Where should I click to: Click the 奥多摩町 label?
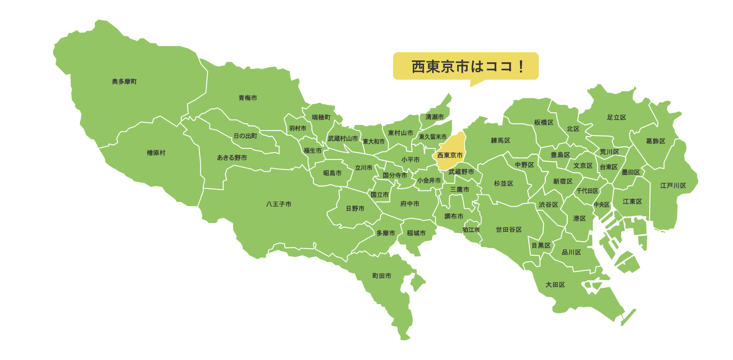124,82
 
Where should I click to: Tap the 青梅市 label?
247,98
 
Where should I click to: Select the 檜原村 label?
156,153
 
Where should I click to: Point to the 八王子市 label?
279,204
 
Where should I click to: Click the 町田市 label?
382,276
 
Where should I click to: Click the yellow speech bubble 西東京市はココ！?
465,66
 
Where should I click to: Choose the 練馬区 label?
500,141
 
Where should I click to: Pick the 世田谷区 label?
509,229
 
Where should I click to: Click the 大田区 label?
555,285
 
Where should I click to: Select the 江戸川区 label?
673,185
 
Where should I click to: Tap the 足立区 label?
616,118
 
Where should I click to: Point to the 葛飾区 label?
655,141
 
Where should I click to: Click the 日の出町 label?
245,136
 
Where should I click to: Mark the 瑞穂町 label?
321,118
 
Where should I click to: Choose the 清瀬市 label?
434,117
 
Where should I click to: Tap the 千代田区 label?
587,191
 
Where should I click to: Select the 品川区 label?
571,252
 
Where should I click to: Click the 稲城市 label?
416,233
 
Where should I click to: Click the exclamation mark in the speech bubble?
521,67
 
